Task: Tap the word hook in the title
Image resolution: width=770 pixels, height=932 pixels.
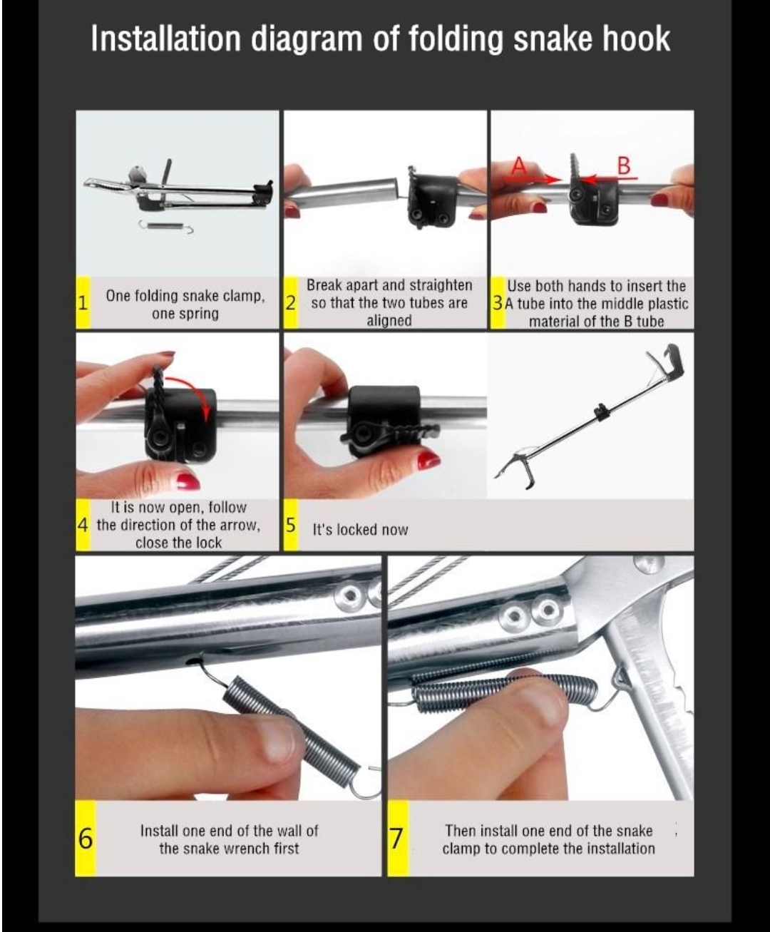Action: point(636,39)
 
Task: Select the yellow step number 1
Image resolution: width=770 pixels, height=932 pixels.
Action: point(83,303)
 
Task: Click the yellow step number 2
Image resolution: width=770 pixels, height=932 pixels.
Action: point(291,303)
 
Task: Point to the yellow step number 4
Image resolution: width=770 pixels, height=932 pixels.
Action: point(83,525)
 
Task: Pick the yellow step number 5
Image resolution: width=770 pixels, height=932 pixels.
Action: point(291,525)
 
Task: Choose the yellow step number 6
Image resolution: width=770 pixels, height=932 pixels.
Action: point(85,839)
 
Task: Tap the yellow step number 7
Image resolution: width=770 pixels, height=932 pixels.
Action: point(397,839)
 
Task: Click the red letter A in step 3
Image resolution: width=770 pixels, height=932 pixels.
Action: point(519,166)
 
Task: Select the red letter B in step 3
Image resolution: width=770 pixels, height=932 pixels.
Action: point(624,166)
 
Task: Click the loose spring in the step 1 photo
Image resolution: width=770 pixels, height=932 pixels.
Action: point(165,227)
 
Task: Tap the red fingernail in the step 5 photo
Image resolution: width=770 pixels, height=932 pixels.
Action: point(428,460)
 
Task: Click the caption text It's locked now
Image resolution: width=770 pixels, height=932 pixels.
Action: point(360,530)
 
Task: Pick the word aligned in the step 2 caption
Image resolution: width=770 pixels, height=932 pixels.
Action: point(389,320)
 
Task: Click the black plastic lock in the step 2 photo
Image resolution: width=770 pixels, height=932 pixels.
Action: point(431,196)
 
